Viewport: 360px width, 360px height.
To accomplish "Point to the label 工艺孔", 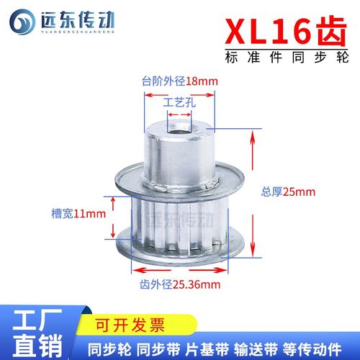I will click(179, 103).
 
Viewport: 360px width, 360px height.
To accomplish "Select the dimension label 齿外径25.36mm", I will click(179, 284).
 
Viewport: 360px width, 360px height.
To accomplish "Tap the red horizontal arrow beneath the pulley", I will click(179, 271).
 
